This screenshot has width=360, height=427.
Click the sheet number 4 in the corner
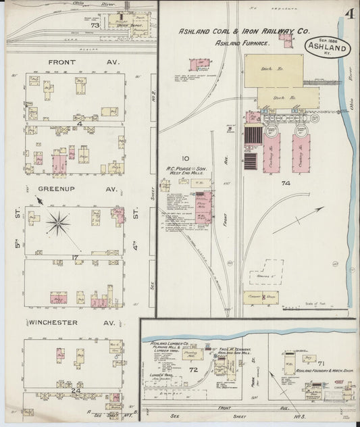346,14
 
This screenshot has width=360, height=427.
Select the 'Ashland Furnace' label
242,43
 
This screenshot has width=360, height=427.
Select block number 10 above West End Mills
175,141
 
